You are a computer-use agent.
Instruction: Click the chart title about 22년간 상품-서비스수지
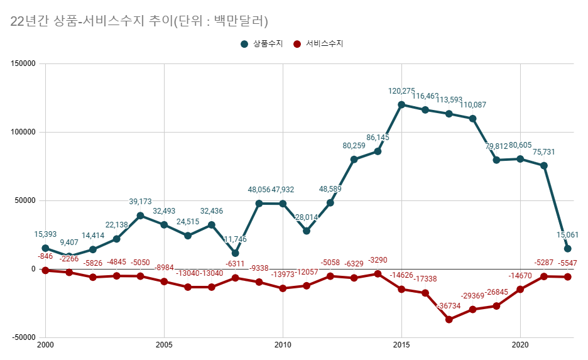tap(139, 21)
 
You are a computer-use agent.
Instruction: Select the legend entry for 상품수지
tap(263, 44)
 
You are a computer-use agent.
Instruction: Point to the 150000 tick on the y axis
tap(23, 63)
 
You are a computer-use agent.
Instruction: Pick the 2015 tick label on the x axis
tap(401, 346)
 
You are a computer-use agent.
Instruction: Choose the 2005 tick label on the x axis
tap(164, 346)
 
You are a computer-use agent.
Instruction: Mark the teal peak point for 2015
tap(401, 105)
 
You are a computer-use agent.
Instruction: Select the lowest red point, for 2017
tap(449, 319)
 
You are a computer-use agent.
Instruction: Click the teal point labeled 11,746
tap(236, 253)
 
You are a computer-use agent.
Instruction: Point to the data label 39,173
tap(141, 202)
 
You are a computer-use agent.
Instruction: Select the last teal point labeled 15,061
tap(568, 249)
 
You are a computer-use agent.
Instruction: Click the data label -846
tap(45, 256)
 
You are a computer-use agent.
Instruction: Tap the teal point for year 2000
tap(45, 248)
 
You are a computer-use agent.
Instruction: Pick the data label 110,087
tap(473, 105)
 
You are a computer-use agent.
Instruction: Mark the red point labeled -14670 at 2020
tap(520, 289)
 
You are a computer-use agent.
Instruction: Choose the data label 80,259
tap(354, 146)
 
